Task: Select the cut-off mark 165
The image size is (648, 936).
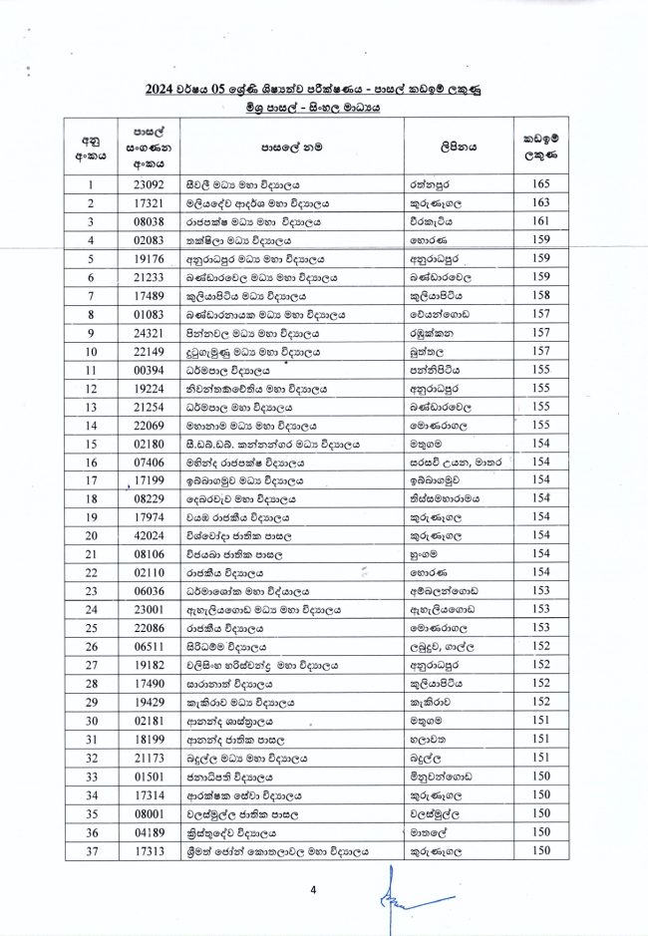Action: pos(541,184)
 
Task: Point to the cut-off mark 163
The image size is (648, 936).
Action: pos(541,203)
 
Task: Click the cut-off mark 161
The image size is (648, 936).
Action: pos(541,221)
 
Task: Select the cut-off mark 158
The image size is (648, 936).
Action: pos(541,296)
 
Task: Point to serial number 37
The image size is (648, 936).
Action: pos(91,850)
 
